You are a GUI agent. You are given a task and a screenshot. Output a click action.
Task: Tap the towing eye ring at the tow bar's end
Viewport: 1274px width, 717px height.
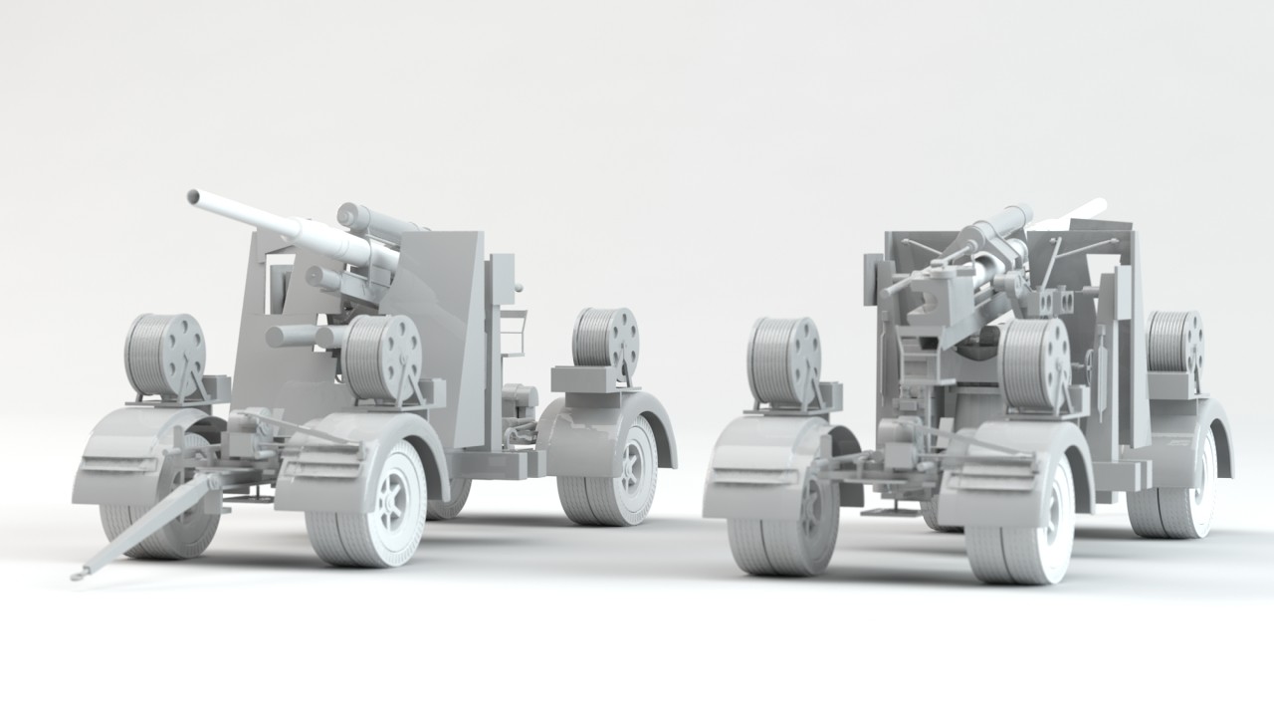[x=77, y=574]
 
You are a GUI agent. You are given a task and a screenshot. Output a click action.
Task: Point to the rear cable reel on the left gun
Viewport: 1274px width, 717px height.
[x=604, y=339]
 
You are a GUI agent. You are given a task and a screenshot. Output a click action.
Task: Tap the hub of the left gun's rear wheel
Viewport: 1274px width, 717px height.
[x=634, y=468]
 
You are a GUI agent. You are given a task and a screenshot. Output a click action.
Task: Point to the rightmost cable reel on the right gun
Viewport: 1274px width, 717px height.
[x=1175, y=345]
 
